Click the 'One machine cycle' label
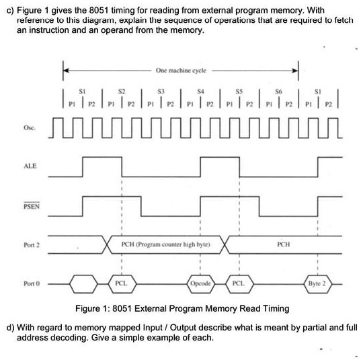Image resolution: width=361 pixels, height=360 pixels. (x=181, y=71)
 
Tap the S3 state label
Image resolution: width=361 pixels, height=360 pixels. (x=161, y=92)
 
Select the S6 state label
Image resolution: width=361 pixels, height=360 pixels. (x=278, y=92)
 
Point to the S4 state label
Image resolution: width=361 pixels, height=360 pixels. (x=200, y=92)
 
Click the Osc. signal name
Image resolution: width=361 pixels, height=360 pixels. (x=30, y=128)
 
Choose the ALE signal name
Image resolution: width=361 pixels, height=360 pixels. (x=30, y=166)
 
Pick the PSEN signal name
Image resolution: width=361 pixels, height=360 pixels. (x=32, y=206)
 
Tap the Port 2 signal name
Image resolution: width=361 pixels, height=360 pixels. (x=32, y=245)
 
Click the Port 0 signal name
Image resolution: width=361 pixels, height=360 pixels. (x=32, y=283)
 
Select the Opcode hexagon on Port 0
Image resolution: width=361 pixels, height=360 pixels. (x=200, y=284)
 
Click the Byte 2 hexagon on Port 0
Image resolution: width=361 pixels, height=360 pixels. (x=317, y=284)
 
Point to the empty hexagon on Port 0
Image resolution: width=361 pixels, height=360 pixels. (x=83, y=284)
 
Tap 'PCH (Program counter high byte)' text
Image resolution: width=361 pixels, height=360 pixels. (x=165, y=244)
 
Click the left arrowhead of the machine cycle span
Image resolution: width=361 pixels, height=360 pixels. (x=66, y=70)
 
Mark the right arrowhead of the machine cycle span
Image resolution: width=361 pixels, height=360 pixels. (x=295, y=71)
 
